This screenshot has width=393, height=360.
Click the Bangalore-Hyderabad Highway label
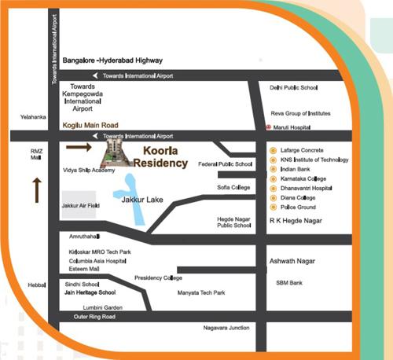(112, 60)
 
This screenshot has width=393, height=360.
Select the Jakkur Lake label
(142, 200)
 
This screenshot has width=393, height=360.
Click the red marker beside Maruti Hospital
(269, 127)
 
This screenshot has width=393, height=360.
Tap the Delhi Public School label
(293, 88)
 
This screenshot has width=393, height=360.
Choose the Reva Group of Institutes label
(299, 113)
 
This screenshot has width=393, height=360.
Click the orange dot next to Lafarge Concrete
(272, 149)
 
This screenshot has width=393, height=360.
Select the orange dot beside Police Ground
(272, 207)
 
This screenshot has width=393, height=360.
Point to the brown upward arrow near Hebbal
(36, 190)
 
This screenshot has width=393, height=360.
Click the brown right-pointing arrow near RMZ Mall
(78, 146)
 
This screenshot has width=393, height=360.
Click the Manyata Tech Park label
(202, 292)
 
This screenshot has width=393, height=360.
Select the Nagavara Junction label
(226, 327)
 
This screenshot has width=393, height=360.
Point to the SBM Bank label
(289, 282)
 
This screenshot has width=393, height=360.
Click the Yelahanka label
(34, 117)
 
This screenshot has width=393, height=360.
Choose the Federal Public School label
(226, 164)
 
